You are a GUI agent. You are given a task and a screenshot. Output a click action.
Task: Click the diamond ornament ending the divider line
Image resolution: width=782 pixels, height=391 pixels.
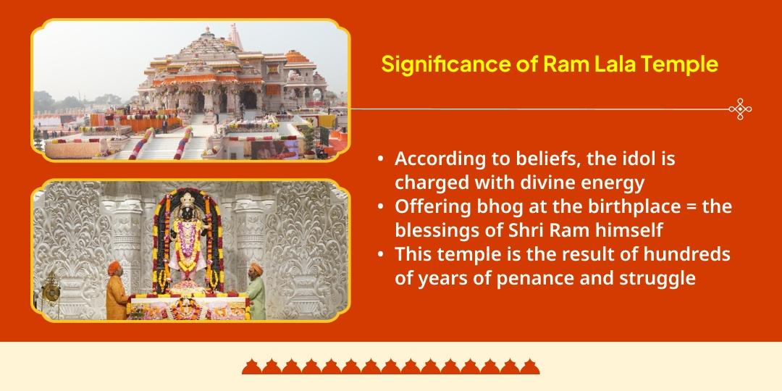[x=739, y=109]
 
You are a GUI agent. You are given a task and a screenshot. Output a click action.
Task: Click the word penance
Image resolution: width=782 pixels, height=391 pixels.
[x=518, y=278]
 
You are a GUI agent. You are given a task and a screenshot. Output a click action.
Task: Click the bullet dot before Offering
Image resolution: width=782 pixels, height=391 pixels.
[x=381, y=206]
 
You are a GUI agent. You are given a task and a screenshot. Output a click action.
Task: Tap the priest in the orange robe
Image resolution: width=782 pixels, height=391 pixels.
[x=115, y=290]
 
